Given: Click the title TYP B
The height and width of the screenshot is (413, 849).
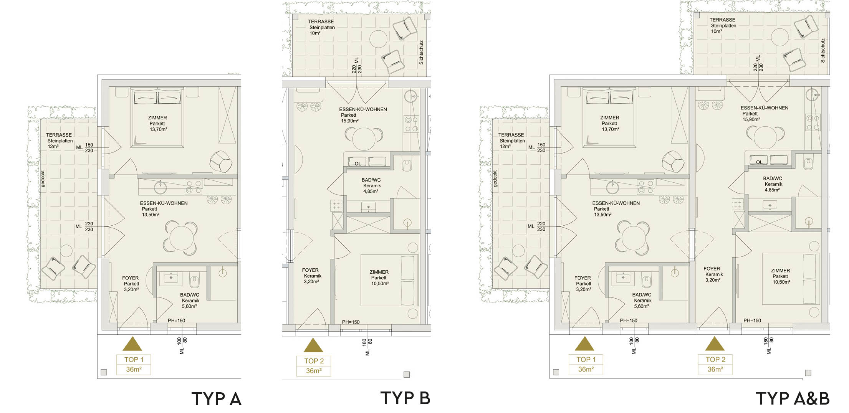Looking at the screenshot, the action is click(405, 398).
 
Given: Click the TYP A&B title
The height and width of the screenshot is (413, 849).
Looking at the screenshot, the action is click(793, 398).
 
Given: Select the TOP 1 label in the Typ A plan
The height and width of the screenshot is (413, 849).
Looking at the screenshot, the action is click(134, 360).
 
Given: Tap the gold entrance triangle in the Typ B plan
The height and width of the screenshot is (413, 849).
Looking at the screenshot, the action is click(313, 345).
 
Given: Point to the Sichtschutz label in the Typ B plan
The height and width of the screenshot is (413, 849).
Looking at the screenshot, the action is click(421, 52).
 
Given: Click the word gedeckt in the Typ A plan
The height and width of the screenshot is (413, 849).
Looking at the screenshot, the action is click(43, 179).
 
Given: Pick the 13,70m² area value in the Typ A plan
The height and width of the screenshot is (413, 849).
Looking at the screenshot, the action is click(159, 129).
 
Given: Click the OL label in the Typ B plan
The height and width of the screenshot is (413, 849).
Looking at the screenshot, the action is click(358, 164).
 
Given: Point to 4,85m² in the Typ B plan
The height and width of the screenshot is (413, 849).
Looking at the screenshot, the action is click(371, 191).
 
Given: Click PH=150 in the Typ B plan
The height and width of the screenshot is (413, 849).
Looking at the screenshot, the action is click(351, 322).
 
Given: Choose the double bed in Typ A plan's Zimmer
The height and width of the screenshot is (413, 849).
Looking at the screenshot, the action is click(157, 117).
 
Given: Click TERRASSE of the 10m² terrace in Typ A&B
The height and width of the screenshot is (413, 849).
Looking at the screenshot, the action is click(722, 20).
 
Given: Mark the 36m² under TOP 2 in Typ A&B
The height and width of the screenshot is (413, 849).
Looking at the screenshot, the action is click(715, 369).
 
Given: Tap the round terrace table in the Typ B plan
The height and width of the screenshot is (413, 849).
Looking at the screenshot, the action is click(378, 39).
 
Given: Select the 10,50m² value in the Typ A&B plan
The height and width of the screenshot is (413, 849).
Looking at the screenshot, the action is click(781, 282).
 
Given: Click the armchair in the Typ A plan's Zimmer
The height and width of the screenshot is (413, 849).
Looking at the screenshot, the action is click(221, 162).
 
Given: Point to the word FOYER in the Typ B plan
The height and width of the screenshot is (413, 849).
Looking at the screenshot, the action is click(310, 270).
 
